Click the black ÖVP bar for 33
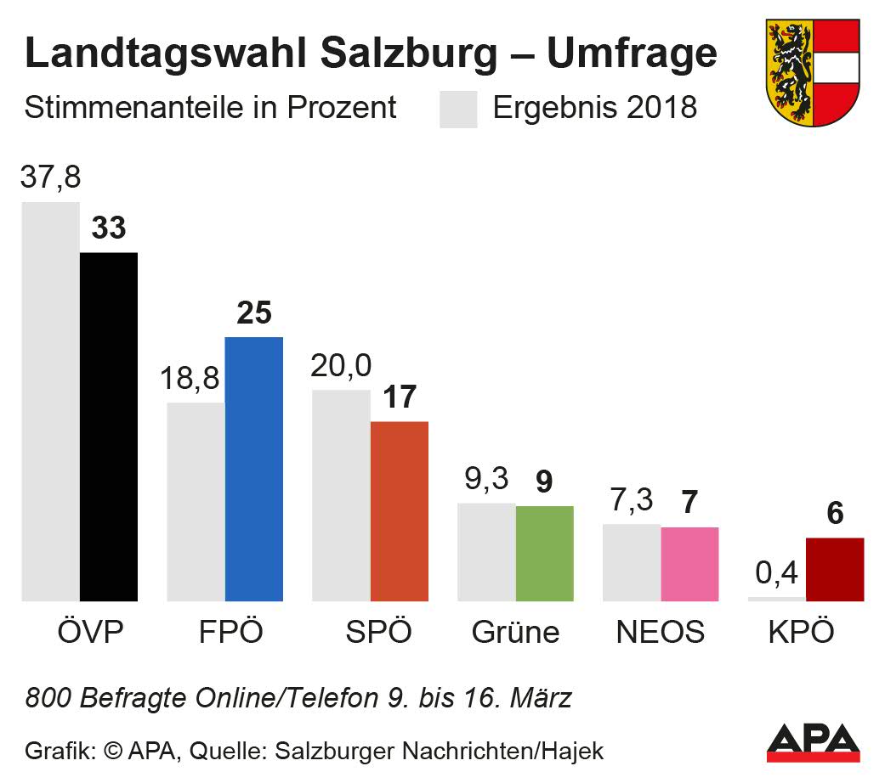pos(109,426)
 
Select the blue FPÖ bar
pos(253,469)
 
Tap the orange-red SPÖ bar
pos(399,511)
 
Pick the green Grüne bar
pos(545,553)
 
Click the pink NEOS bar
pos(689,564)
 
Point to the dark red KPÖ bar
pos(835,569)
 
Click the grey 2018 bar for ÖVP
pos(51,401)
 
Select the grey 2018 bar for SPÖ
pos(341,495)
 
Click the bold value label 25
pos(253,313)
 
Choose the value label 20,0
pos(341,366)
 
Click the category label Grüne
pos(515,633)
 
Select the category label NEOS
pos(660,633)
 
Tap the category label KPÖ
pos(801,633)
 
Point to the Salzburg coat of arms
pos(813,72)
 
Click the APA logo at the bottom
pos(813,740)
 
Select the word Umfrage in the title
pos(631,54)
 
